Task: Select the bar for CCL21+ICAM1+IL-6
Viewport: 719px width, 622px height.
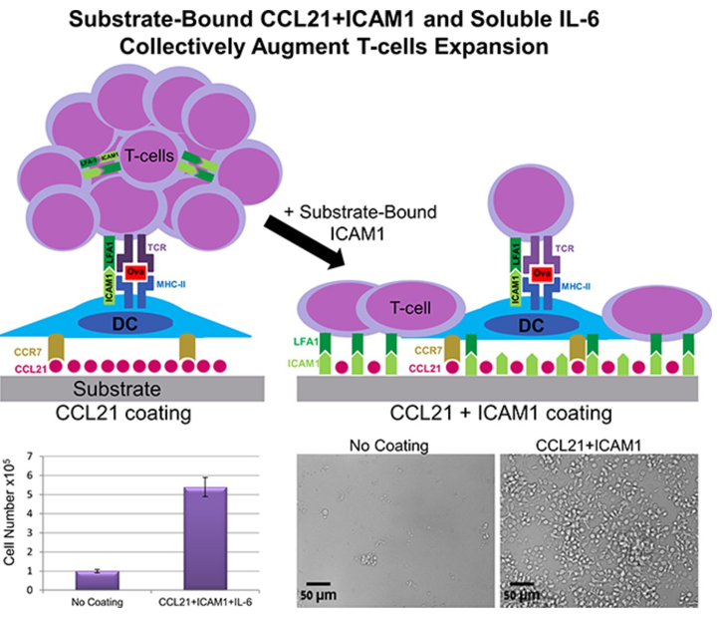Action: click(x=210, y=538)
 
